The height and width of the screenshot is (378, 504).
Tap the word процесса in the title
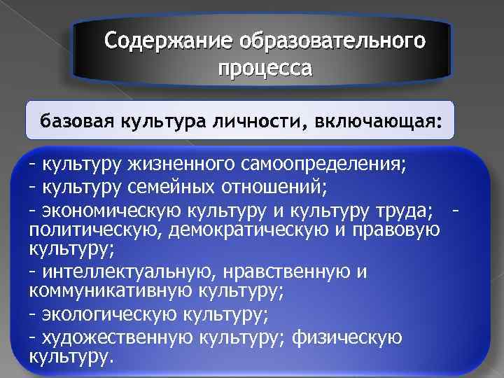pyautogui.click(x=265, y=69)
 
